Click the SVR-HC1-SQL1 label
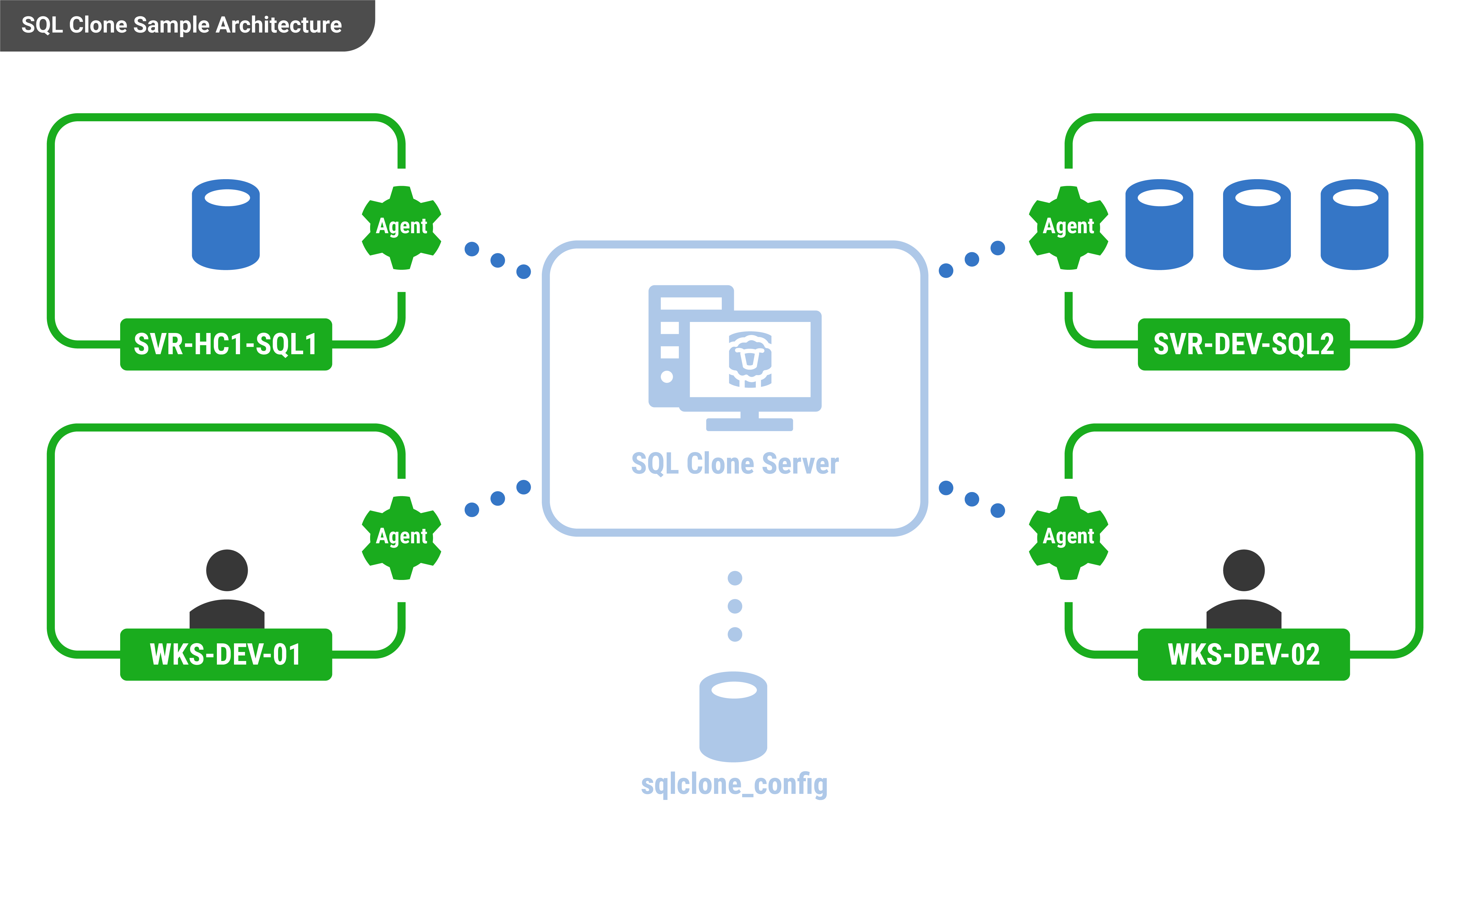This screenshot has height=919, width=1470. pos(225,344)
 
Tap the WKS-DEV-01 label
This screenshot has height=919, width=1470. pos(225,655)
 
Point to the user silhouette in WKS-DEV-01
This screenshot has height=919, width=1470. pos(227,590)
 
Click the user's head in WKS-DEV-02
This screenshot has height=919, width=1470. pos(1243,570)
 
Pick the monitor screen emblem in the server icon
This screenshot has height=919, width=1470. pos(750,359)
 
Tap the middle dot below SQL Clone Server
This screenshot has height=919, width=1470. pos(735,606)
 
